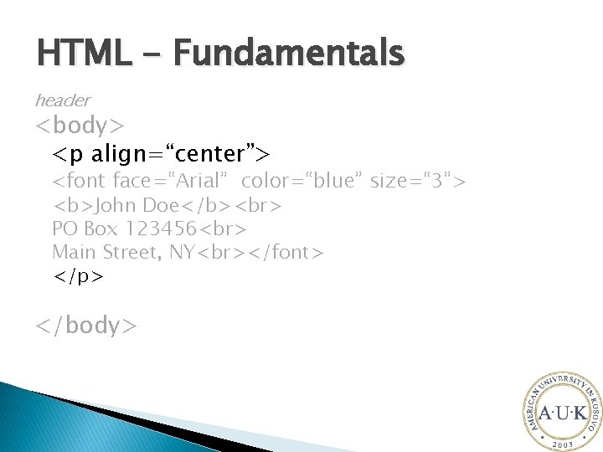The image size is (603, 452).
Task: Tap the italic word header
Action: [62, 100]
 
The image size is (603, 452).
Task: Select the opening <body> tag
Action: [80, 126]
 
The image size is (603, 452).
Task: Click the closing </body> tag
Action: [85, 325]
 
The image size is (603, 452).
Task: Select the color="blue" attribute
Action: [299, 181]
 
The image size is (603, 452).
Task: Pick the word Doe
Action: [160, 205]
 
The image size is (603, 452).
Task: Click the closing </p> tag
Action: [78, 275]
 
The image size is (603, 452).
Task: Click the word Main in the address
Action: [74, 252]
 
